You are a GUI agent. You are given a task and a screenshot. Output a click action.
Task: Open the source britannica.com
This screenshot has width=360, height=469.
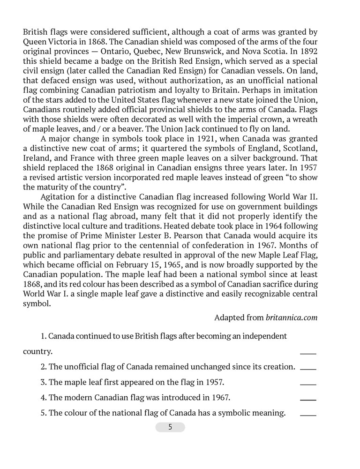pos(292,318)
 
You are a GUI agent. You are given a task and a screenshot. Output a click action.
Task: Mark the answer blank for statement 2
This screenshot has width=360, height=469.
pos(308,368)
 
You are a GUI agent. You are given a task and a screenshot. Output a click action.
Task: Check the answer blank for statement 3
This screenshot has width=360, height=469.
pos(308,384)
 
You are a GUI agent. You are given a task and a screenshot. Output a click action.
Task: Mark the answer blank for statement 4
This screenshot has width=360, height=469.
pos(308,399)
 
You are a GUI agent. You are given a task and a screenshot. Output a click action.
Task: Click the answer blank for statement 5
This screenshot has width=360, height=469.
pos(308,415)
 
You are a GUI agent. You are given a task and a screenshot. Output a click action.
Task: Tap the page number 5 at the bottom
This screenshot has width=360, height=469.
pos(170,427)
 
